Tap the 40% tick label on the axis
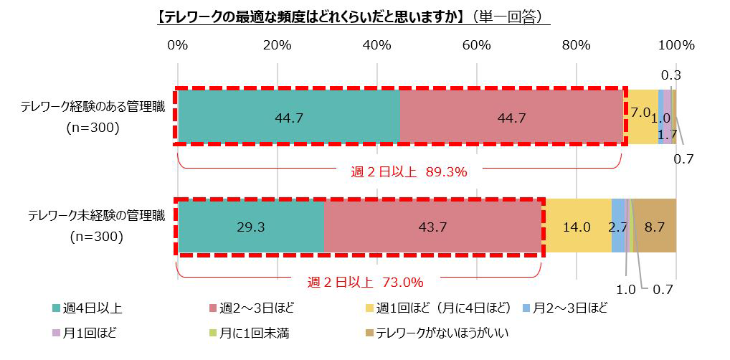pyautogui.click(x=377, y=44)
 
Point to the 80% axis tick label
pyautogui.click(x=577, y=44)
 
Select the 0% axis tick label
pyautogui.click(x=178, y=44)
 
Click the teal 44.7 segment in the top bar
pyautogui.click(x=288, y=118)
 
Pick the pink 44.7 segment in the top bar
pyautogui.click(x=511, y=118)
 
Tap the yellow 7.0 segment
pyautogui.click(x=641, y=113)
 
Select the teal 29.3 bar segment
pyautogui.click(x=250, y=227)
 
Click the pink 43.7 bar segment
pyautogui.click(x=432, y=227)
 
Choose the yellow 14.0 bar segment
pyautogui.click(x=577, y=227)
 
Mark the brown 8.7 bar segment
pyautogui.click(x=655, y=227)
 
